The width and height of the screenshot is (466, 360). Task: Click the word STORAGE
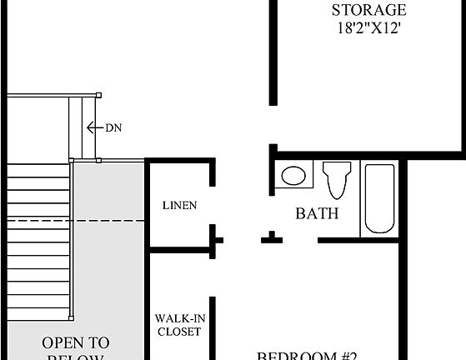[368, 10]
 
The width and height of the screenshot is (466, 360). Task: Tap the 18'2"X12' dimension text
[368, 27]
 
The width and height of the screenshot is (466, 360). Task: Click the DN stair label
[113, 127]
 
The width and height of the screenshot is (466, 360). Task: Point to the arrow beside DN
[93, 127]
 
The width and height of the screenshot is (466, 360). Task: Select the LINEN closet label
[179, 205]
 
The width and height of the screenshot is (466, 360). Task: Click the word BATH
[318, 213]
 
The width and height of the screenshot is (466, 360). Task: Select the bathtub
[378, 198]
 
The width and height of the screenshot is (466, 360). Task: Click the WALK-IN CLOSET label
[178, 324]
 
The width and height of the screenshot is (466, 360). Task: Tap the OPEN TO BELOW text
[75, 349]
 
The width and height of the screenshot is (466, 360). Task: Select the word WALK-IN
[178, 318]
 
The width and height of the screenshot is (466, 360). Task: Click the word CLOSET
[178, 332]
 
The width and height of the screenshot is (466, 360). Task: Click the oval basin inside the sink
[292, 176]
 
